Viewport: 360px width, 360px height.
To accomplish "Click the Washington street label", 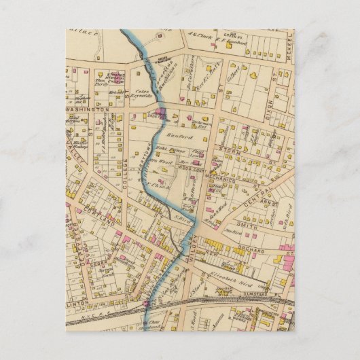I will point(88,109).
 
